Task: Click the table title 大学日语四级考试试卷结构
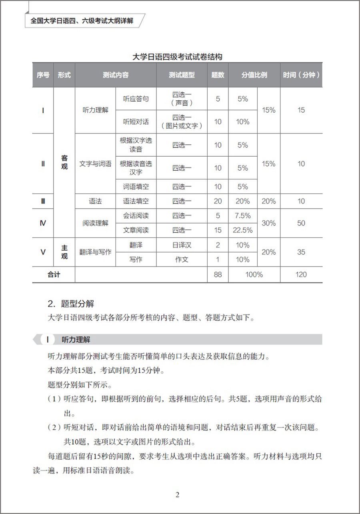(177, 57)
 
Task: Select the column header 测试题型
(182, 75)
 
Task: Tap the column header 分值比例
(254, 75)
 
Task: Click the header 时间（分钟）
(301, 75)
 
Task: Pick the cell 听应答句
(136, 98)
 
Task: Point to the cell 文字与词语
(95, 164)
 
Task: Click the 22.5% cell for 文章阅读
(242, 230)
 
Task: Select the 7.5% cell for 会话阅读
(242, 216)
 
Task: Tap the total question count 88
(218, 275)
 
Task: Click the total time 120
(301, 275)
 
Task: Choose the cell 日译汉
(182, 245)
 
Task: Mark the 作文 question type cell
(182, 260)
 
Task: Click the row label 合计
(54, 275)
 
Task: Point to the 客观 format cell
(64, 162)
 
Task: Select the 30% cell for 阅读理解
(268, 223)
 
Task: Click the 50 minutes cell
(301, 223)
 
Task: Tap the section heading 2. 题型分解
(71, 304)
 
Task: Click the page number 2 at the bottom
(178, 495)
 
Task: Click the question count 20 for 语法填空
(218, 201)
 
